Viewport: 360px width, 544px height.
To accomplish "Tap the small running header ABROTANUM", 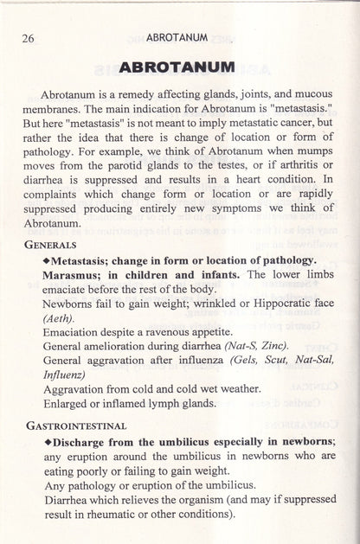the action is pyautogui.click(x=178, y=37).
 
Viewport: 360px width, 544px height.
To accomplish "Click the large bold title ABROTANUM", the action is pyautogui.click(x=179, y=66).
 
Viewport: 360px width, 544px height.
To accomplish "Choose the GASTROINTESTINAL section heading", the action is pyautogui.click(x=75, y=425).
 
